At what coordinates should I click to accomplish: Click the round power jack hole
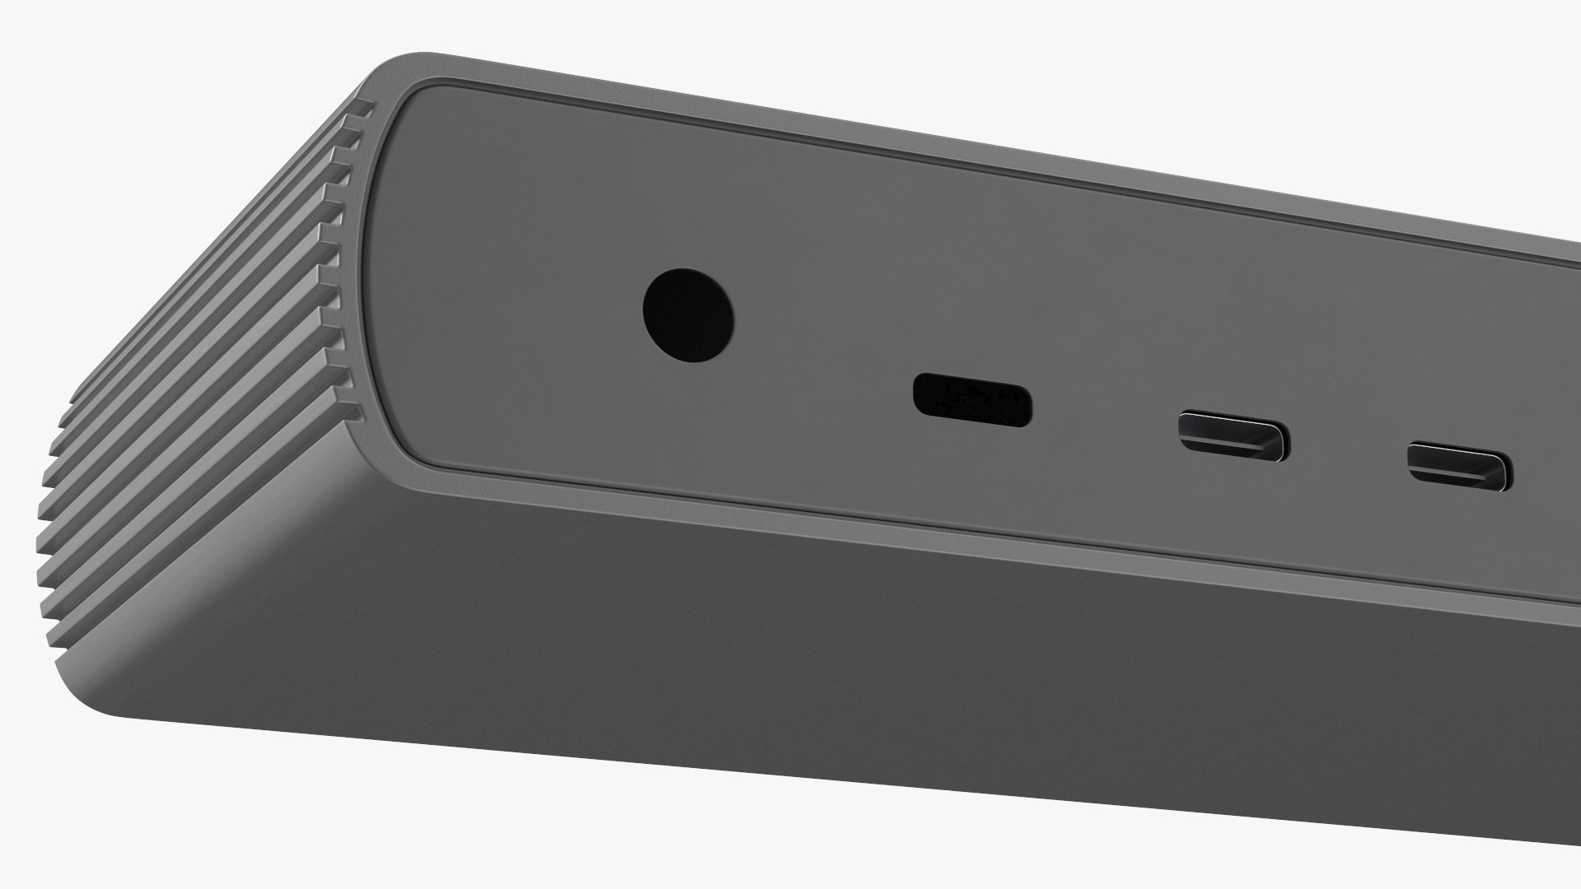688,314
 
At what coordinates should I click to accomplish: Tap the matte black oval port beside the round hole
972,400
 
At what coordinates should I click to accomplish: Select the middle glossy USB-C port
1234,435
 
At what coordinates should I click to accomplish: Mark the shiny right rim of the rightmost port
1506,471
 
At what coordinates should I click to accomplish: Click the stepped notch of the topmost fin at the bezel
366,107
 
